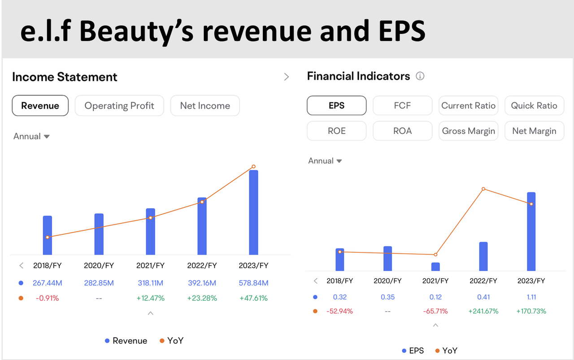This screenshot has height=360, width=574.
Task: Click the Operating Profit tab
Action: click(119, 105)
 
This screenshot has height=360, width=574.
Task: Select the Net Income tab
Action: click(205, 105)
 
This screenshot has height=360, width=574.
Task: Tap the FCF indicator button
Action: click(402, 105)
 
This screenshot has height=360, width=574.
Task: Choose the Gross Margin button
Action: click(469, 131)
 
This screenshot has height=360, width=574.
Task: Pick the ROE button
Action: click(337, 131)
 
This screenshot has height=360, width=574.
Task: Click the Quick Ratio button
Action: click(534, 105)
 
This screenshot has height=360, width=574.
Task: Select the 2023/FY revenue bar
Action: click(253, 213)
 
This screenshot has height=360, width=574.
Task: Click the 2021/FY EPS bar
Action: click(435, 267)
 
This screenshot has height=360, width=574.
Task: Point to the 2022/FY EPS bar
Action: click(483, 256)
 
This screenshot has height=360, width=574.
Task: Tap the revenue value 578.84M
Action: click(253, 283)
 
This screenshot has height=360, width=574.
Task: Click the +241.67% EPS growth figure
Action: click(483, 311)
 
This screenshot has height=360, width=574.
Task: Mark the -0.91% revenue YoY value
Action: click(48, 298)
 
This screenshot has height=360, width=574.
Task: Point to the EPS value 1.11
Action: click(531, 297)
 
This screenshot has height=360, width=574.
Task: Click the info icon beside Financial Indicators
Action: click(420, 76)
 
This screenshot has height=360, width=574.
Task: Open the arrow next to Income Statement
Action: click(287, 77)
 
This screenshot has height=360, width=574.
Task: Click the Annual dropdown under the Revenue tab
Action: click(31, 136)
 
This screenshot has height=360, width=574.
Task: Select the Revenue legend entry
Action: click(126, 341)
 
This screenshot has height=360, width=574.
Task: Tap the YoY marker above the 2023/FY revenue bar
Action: click(253, 166)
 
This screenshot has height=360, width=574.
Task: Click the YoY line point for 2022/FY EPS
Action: click(483, 189)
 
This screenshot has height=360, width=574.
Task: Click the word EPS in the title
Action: click(402, 31)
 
